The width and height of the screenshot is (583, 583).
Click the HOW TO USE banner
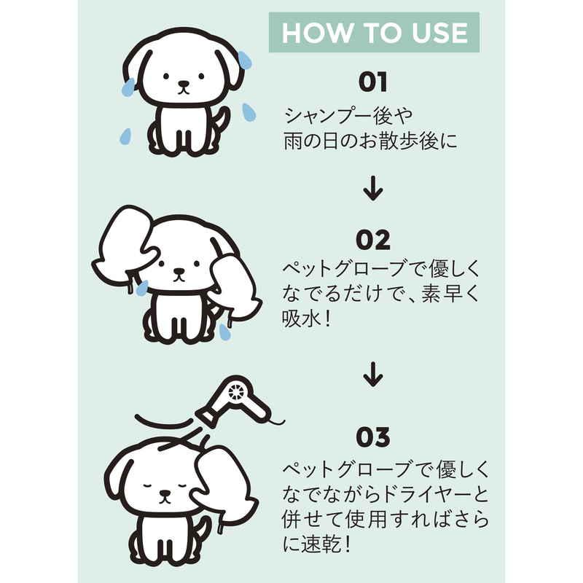click(x=374, y=32)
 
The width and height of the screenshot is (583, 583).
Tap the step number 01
click(x=373, y=82)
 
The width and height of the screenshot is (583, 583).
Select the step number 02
click(x=373, y=240)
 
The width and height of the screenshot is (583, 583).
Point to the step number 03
click(x=373, y=437)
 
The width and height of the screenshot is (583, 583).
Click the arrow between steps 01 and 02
click(x=373, y=189)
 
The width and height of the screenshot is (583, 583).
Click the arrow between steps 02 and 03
click(x=373, y=375)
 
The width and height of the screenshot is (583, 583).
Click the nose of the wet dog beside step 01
click(x=183, y=84)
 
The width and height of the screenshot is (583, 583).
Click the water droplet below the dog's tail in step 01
click(x=126, y=136)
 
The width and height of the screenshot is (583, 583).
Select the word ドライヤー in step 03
click(x=425, y=495)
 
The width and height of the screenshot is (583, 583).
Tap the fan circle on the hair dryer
click(x=235, y=392)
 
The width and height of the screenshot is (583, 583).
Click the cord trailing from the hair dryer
click(x=276, y=421)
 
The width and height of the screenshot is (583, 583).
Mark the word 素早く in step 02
click(x=450, y=294)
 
